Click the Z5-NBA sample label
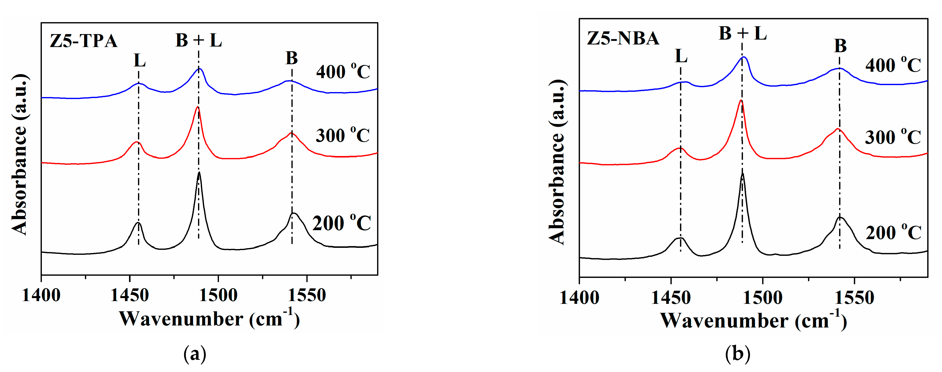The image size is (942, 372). tap(623, 38)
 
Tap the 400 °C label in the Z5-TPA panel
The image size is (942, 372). tap(343, 72)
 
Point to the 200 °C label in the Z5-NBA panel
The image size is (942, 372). tap(893, 233)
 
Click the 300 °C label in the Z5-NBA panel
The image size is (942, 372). tap(893, 137)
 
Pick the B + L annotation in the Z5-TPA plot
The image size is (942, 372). tap(199, 40)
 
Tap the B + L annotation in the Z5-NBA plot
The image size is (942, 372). tap(742, 34)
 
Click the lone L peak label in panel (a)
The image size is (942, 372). tap(139, 60)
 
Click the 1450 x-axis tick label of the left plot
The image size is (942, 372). tap(130, 295)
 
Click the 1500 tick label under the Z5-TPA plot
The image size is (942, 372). tap(218, 295)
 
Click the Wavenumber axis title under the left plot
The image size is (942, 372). tap(209, 319)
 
